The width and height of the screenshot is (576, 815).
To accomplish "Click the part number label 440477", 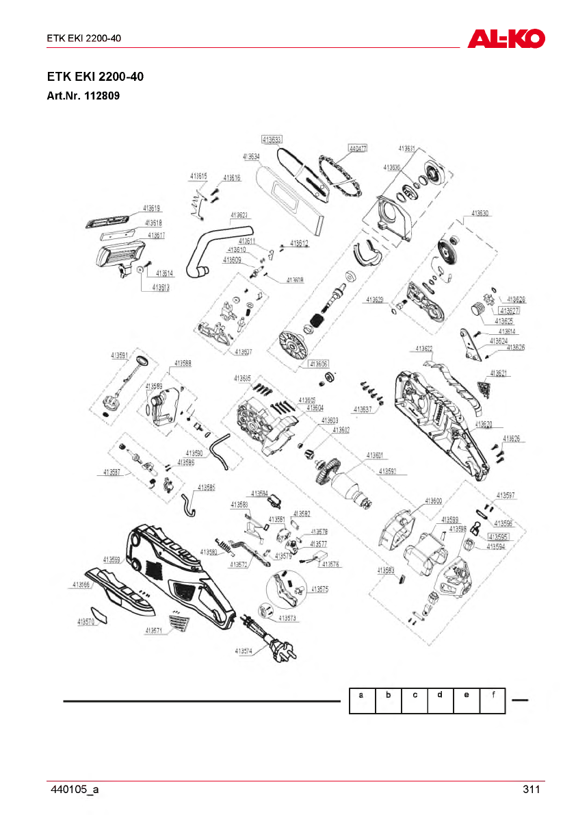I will pos(358,148).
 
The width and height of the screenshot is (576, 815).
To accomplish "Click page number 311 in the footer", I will pos(532,790).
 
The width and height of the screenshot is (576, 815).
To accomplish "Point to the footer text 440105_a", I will pos(75,790).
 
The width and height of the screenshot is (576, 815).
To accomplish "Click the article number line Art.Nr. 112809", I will pos(83,96).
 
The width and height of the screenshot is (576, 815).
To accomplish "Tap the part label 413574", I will pos(244,651).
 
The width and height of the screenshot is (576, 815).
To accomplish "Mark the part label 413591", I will pos(120,355).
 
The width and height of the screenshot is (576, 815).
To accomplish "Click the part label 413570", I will pos(86,622).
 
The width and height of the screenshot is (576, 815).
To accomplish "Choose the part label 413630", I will pos(481,213).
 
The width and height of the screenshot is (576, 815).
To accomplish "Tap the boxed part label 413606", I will pos(319,364).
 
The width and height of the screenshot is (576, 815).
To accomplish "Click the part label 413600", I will pos(434,501).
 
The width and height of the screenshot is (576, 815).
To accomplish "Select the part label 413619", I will pos(152,208).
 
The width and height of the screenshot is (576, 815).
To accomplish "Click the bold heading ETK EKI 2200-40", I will pos(95,77).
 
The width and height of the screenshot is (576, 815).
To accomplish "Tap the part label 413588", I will pos(183,363).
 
